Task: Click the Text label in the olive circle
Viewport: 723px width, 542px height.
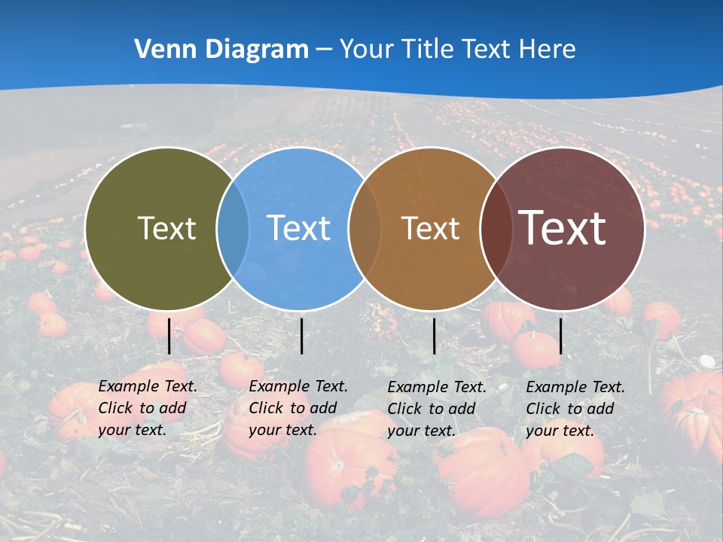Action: tap(166, 228)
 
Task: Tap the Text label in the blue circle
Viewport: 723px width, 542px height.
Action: tap(298, 228)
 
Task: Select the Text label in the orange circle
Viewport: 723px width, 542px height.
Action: tap(430, 228)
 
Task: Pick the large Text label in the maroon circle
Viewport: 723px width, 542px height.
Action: tap(562, 228)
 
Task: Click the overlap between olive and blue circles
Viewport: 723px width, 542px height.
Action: tap(233, 228)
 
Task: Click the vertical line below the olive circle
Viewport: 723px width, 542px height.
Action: tap(169, 336)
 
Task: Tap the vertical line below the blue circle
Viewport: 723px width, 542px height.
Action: tap(301, 336)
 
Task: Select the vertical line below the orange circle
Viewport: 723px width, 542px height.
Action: tap(434, 336)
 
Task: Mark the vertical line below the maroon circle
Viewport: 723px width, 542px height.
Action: tap(560, 336)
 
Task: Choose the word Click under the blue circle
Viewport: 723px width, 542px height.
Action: tap(266, 408)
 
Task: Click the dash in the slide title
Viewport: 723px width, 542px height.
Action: tap(324, 50)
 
